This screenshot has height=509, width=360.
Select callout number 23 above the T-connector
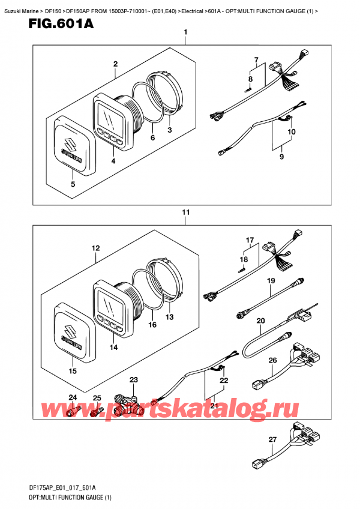click(x=134, y=379)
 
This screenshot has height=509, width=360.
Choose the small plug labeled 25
click(x=96, y=412)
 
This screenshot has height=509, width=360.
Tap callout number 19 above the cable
click(x=271, y=280)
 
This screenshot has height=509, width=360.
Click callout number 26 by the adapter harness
click(x=272, y=360)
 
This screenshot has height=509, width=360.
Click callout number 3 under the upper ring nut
click(x=169, y=130)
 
